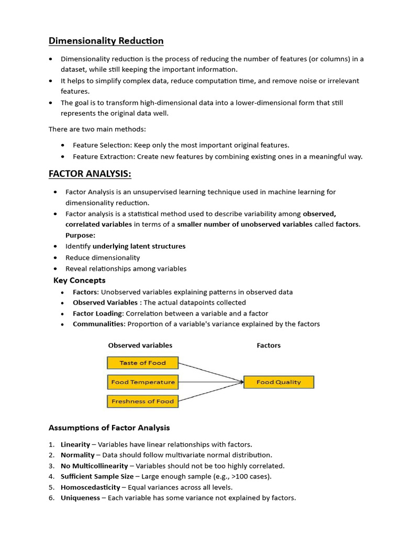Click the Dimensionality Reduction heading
tap(106, 41)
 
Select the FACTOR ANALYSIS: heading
tap(90, 174)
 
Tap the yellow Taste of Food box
tap(142, 363)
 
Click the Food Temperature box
tap(142, 382)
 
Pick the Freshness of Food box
tap(142, 401)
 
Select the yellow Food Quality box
tap(278, 382)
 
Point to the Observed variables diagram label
tap(140, 345)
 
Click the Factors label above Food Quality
tap(269, 345)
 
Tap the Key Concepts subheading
tap(80, 281)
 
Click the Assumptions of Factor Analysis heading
tap(109, 428)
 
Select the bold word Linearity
tap(75, 444)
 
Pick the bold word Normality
tap(77, 455)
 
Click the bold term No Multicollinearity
tap(94, 466)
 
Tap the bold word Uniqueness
tap(80, 498)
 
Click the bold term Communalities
tap(98, 324)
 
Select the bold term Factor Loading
tap(98, 314)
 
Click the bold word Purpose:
tap(80, 236)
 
